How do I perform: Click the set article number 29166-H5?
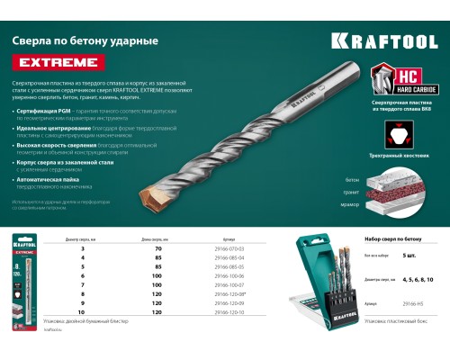[404, 305]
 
